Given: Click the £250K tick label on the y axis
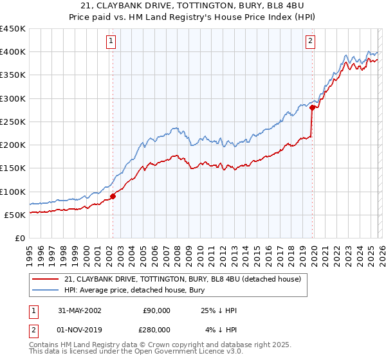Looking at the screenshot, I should pyautogui.click(x=12, y=122).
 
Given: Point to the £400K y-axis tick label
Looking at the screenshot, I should pyautogui.click(x=12, y=52).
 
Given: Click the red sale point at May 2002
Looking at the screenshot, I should pyautogui.click(x=113, y=196).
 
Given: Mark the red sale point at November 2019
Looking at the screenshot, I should pyautogui.click(x=311, y=108).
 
